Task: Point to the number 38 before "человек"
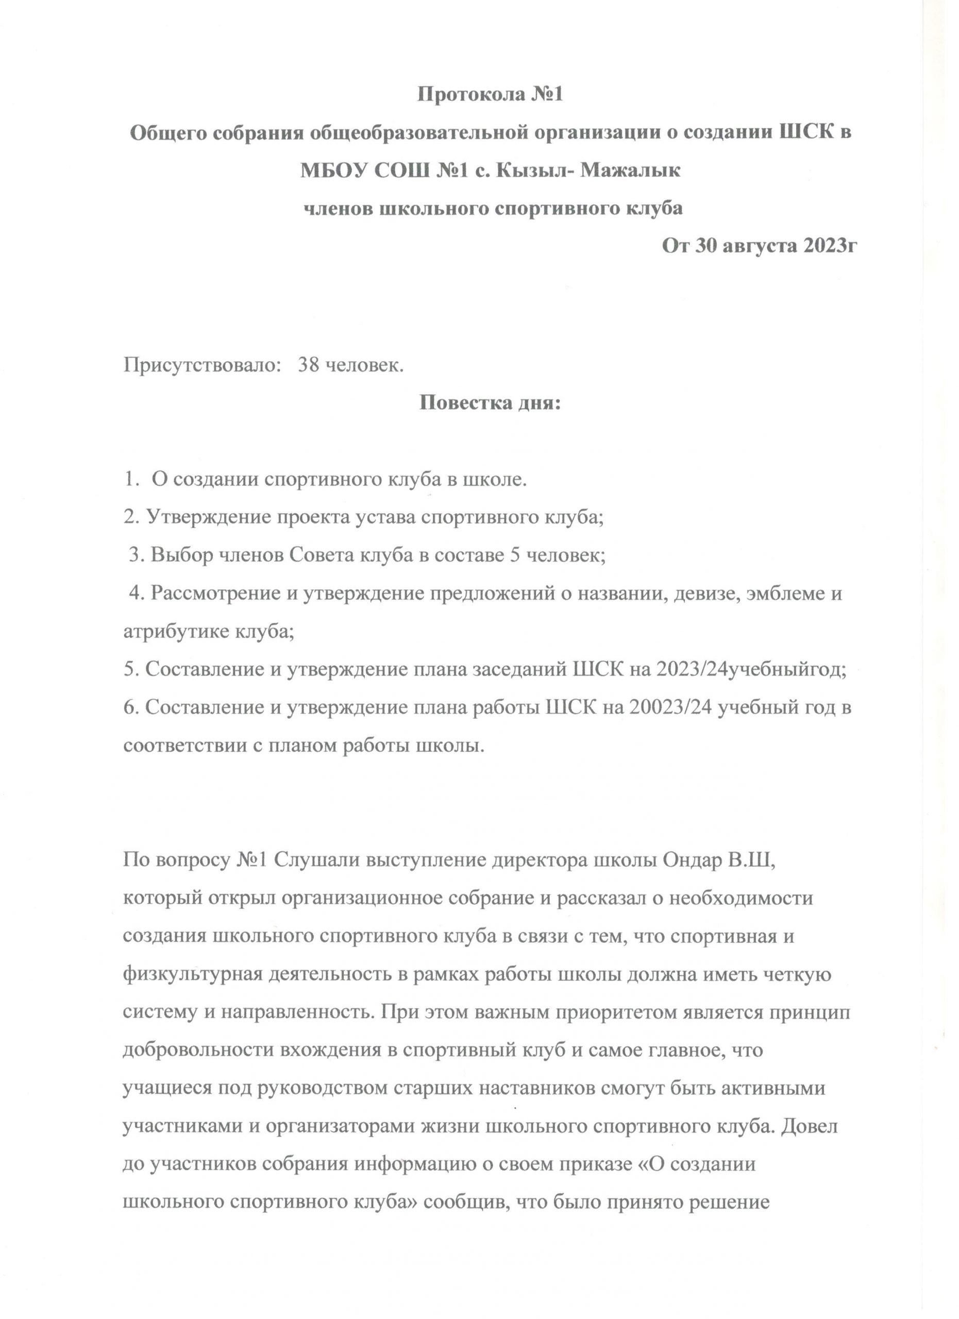[309, 365]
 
